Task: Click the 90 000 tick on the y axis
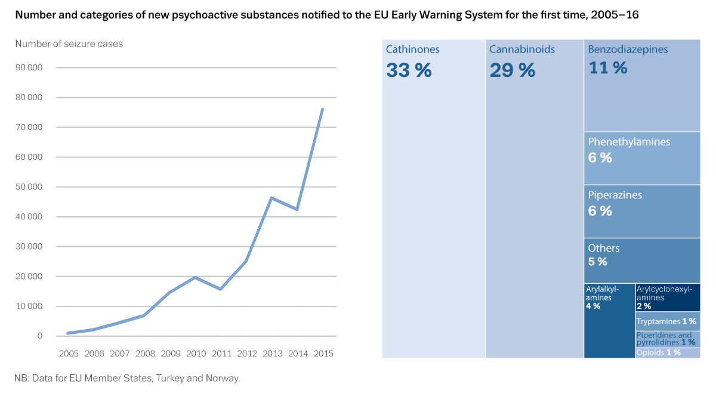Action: (29, 67)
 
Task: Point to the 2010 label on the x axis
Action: (196, 353)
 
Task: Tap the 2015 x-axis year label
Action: (323, 353)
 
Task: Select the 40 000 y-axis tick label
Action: (29, 216)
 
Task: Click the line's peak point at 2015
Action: (323, 109)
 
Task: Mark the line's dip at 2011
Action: (221, 289)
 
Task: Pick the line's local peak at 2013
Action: (271, 198)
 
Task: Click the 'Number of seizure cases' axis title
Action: (69, 44)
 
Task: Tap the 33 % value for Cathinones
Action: (409, 70)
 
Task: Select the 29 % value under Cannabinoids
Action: (513, 70)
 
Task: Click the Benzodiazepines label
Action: (628, 49)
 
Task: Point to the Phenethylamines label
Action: (629, 142)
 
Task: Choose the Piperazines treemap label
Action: (615, 195)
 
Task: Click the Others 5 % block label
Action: (642, 260)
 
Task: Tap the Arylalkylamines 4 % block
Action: (609, 321)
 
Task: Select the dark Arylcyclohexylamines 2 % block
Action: (668, 297)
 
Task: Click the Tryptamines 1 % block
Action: (668, 321)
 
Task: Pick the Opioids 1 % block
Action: (668, 353)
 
